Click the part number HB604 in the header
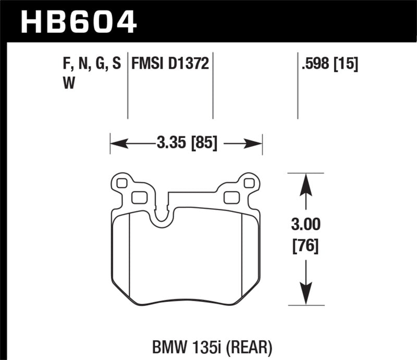pyautogui.click(x=78, y=21)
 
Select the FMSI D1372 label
pyautogui.click(x=170, y=64)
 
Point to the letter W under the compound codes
pyautogui.click(x=67, y=83)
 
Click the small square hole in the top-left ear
pyautogui.click(x=122, y=183)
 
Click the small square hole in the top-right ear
pyautogui.click(x=249, y=183)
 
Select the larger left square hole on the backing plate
pyautogui.click(x=139, y=197)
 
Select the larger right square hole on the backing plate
pyautogui.click(x=230, y=197)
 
